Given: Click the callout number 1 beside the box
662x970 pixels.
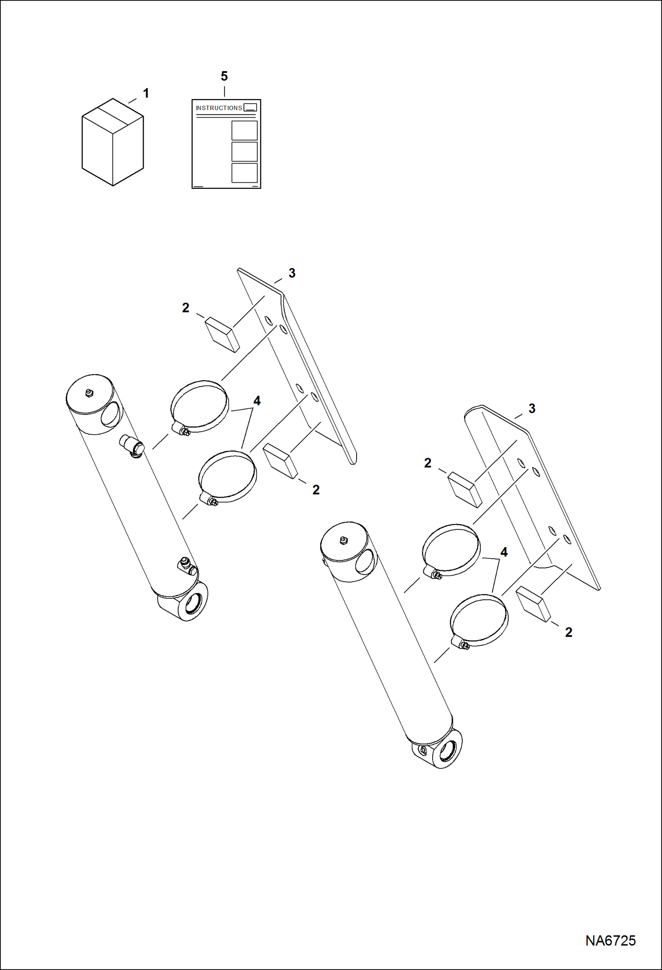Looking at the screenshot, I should [146, 93].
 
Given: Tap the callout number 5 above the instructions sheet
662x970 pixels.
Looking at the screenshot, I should [224, 76].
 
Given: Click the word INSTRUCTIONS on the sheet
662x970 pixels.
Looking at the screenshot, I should [219, 108].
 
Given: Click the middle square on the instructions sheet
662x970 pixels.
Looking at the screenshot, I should [244, 152].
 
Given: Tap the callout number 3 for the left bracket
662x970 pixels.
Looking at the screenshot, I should [292, 273].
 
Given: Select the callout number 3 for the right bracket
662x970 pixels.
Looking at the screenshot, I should [532, 409].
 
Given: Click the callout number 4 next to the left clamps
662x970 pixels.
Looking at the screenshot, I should [257, 401].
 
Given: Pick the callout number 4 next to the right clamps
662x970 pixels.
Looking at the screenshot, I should [504, 552].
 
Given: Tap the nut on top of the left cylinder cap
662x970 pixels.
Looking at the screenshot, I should [89, 392].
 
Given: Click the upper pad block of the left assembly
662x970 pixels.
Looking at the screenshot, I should [222, 334].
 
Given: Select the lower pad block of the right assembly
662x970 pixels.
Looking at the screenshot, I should [534, 604].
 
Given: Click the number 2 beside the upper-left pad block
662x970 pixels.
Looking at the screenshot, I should [186, 308].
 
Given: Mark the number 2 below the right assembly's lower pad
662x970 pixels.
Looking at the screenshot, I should [569, 633].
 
